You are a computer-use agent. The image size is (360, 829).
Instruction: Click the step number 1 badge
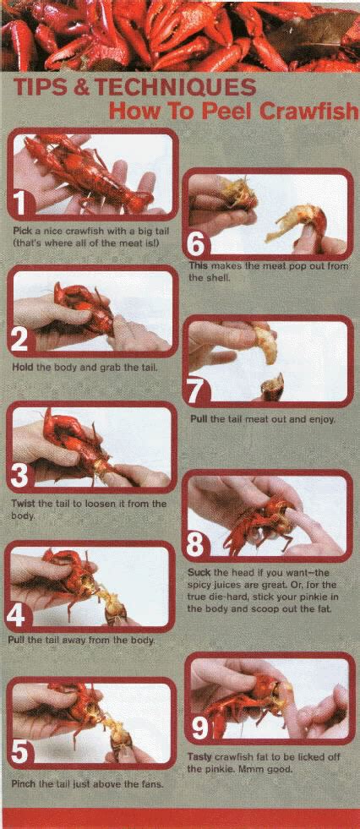pos(19,204)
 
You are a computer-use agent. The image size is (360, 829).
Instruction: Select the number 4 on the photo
pos(16,616)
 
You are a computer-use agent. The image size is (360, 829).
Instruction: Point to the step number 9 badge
pos(200,728)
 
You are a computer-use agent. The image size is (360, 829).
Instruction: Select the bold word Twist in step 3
pos(22,504)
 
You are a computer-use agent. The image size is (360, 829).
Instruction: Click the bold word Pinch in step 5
pos(22,784)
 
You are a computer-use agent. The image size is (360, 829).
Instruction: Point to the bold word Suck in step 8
pos(199,573)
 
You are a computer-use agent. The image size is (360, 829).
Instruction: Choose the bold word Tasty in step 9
pos(199,757)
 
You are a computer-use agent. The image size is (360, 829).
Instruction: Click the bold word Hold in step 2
pos(23,367)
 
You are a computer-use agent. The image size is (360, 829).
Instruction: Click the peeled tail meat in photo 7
pos(265,344)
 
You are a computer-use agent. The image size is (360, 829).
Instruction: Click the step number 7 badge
pos(195,395)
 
